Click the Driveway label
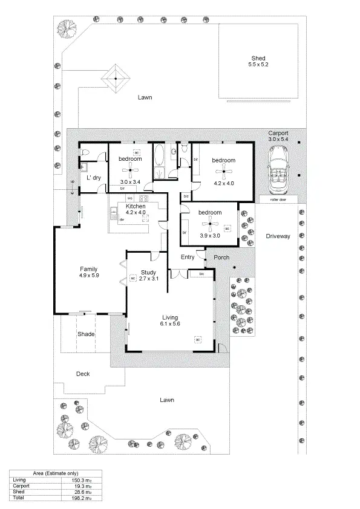278,236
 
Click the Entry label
188,257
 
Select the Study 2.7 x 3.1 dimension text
148,279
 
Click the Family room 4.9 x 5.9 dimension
89,276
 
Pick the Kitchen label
136,206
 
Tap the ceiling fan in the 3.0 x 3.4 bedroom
130,170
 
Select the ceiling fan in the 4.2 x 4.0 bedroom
223,172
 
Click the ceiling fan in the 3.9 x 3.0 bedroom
210,225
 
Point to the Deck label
83,374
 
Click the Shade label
85,334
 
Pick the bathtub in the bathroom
159,158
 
